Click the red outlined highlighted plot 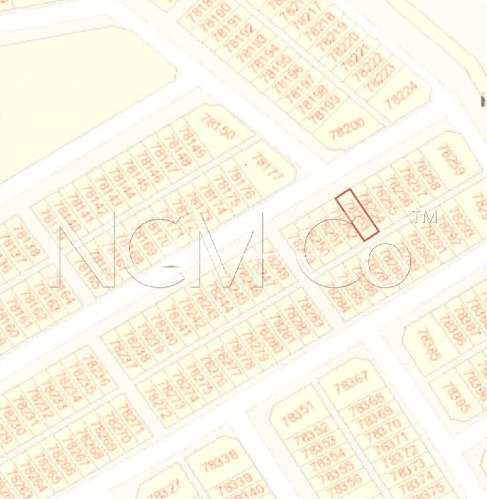357,215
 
